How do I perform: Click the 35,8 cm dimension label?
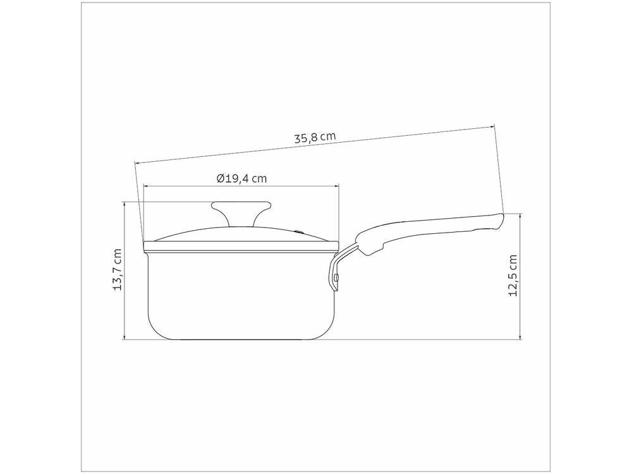click(315, 137)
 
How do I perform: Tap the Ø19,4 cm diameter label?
click(241, 178)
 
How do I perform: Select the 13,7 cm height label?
click(118, 270)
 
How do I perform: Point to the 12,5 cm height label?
click(513, 276)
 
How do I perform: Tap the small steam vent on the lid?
click(300, 231)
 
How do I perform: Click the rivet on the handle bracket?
click(336, 277)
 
